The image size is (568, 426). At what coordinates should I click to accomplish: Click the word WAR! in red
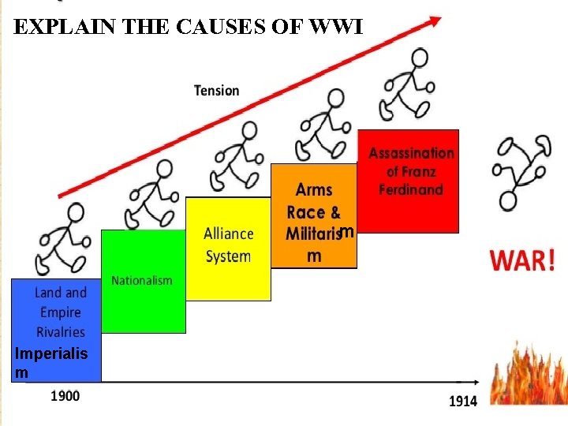pos(523,260)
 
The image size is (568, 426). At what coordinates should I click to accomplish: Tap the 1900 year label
pos(65,395)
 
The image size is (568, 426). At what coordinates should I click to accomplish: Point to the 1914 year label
pos(463,401)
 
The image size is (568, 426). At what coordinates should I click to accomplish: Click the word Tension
pos(216,91)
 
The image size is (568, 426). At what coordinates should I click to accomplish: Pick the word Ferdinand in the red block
pos(411,190)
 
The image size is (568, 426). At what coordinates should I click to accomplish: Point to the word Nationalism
pos(142,281)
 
